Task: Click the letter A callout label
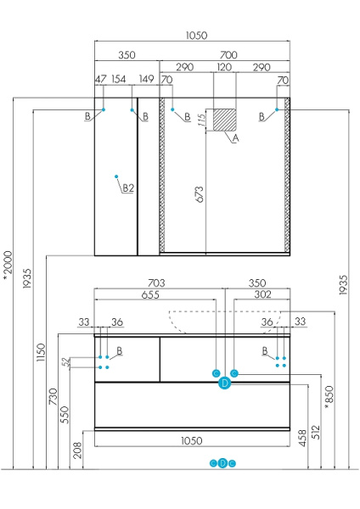click(236, 137)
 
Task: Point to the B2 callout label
click(128, 187)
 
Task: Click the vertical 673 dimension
click(199, 204)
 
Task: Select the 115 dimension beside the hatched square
click(201, 120)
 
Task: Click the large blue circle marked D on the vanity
click(224, 383)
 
